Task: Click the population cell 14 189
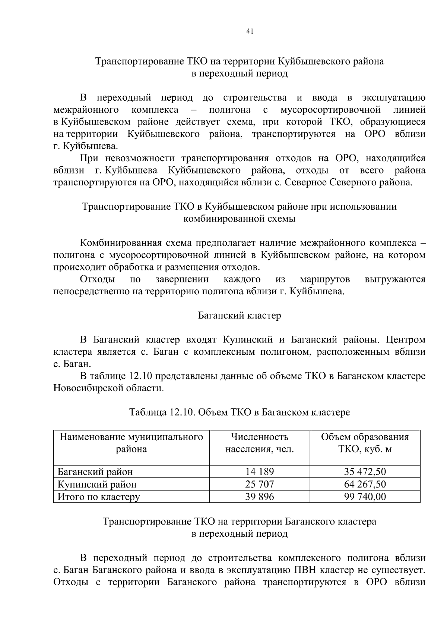coord(259,472)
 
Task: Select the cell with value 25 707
coord(259,484)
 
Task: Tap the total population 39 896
coord(259,496)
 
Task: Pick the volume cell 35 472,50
coord(365,472)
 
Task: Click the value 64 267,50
coord(365,484)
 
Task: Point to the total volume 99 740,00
coord(365,496)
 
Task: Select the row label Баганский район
coord(95,472)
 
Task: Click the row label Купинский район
coord(97,484)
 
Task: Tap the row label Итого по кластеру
coord(99,496)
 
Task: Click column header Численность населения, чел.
coord(259,443)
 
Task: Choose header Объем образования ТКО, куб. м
coord(365,443)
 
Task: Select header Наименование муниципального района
coord(131,443)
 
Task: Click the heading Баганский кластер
coord(239,316)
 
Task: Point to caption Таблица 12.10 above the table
coord(239,412)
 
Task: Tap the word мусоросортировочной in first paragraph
coord(330,110)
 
